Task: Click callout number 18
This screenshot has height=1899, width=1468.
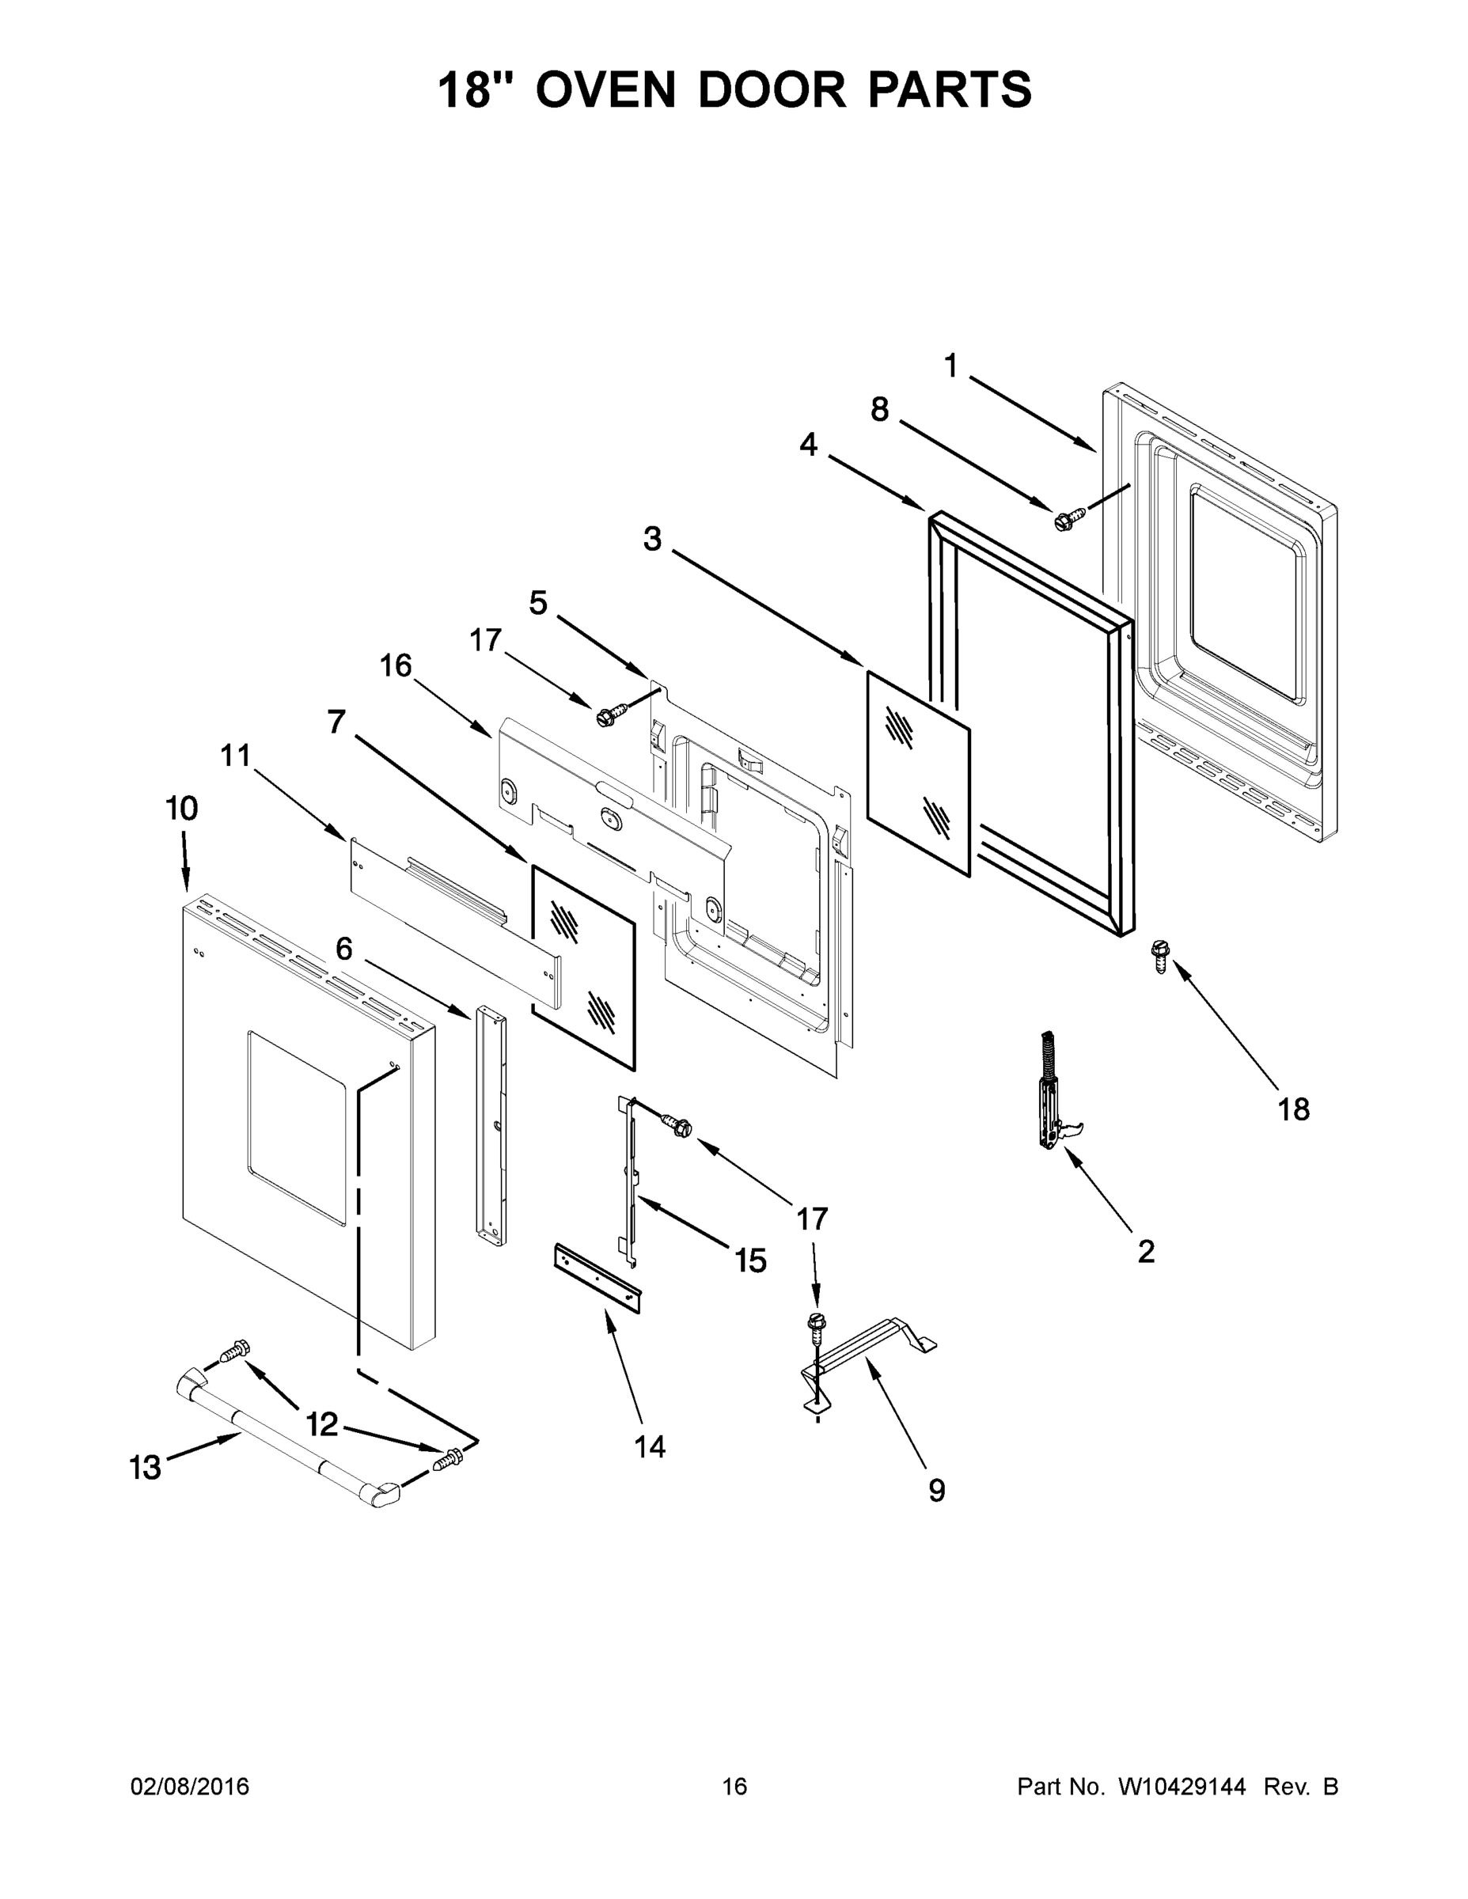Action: (1293, 1109)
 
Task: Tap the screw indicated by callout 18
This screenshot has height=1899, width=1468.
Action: (1159, 955)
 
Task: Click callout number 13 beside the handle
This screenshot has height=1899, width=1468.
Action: (146, 1468)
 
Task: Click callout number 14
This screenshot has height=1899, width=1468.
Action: (650, 1446)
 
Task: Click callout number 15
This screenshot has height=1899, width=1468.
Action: (750, 1260)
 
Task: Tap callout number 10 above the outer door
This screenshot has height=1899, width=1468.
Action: (182, 809)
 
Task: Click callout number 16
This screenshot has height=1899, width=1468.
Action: (396, 666)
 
